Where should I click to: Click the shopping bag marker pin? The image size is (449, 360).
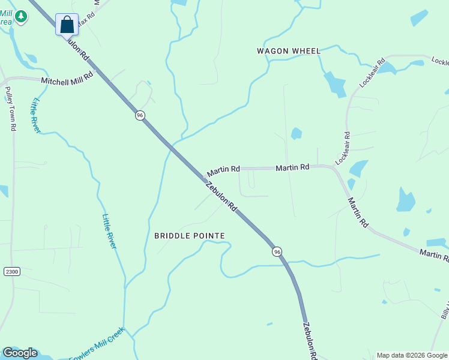(x=67, y=25)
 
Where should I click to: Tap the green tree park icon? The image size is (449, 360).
(x=21, y=16)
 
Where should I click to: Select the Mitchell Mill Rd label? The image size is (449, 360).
(x=67, y=79)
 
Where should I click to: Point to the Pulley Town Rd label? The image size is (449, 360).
(x=10, y=109)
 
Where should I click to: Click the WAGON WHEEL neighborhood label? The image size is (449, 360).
(x=289, y=51)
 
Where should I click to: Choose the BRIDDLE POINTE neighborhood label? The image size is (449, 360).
(x=189, y=236)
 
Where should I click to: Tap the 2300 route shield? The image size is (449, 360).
(x=11, y=272)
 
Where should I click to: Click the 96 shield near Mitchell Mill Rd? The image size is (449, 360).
(x=140, y=115)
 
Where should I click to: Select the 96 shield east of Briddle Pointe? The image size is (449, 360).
(x=277, y=252)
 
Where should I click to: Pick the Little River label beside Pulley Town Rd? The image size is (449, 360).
(x=37, y=115)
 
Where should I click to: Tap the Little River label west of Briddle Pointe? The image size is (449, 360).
(x=109, y=231)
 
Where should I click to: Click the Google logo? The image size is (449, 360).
(x=20, y=353)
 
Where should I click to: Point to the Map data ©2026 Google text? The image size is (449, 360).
(x=411, y=355)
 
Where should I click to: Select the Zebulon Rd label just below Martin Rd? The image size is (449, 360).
(x=221, y=197)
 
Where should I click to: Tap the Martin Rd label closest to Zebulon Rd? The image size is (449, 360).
(x=223, y=171)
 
